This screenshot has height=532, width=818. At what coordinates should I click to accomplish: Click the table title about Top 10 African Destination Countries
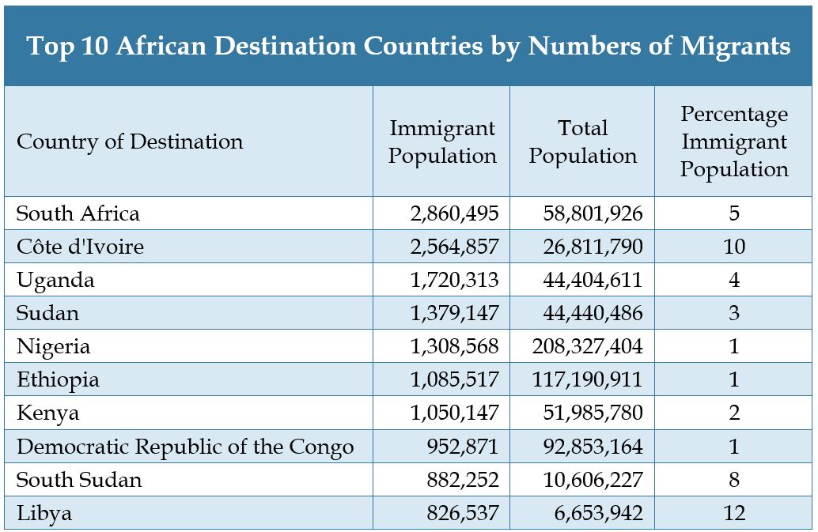point(408,46)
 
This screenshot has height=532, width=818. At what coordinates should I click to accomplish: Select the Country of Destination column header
point(130,142)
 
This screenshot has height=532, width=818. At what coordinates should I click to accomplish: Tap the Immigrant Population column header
point(442,142)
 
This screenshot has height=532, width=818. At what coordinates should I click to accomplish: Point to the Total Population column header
point(583,142)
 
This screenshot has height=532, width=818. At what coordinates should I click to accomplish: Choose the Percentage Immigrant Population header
point(734,142)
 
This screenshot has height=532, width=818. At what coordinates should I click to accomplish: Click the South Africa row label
point(78,213)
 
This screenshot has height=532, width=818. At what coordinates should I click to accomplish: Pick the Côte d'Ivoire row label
point(81,247)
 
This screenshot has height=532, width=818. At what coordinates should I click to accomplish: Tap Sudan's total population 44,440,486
point(593,313)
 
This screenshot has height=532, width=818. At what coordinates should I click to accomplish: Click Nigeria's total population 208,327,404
point(587,346)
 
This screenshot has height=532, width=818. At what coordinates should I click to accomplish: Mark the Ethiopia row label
point(58,379)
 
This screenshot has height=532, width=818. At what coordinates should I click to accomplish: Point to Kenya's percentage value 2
point(734,413)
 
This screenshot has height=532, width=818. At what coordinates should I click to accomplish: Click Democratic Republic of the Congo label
point(185,447)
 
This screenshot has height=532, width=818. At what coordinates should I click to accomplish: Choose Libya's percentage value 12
point(734,513)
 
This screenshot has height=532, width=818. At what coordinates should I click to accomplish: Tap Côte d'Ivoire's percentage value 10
point(734,247)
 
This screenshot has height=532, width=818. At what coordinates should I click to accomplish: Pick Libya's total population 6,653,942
point(598,513)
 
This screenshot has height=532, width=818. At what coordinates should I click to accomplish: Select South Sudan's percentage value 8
point(734,480)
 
